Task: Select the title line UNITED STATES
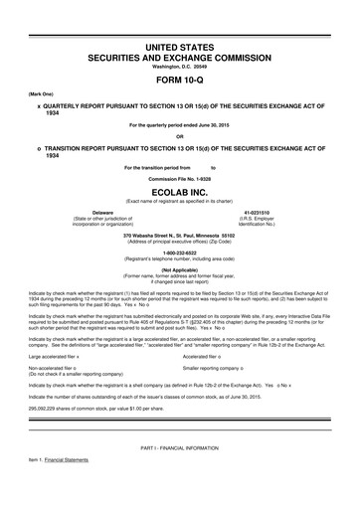click(180, 48)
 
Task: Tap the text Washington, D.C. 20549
click(180, 67)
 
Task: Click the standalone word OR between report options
click(180, 136)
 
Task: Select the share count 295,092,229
click(50, 379)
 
